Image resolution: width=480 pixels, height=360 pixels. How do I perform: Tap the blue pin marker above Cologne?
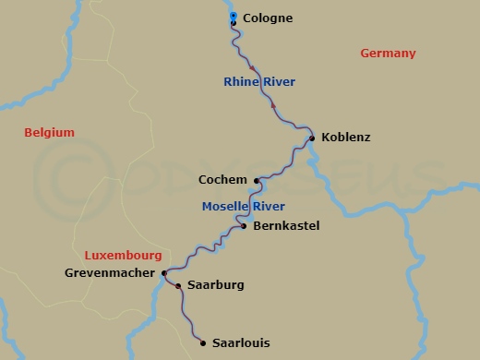[x=233, y=16]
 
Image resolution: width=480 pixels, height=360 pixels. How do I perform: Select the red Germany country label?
[x=388, y=54]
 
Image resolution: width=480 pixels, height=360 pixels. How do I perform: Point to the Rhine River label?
[x=259, y=82]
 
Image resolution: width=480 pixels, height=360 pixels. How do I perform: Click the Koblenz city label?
[x=346, y=138]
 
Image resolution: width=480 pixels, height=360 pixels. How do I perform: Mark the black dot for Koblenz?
[x=312, y=138]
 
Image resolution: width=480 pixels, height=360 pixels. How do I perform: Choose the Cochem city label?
[x=222, y=180]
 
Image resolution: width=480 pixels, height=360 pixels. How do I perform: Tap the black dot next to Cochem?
[x=257, y=180]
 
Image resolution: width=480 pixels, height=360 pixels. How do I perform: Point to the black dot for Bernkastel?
[x=243, y=225]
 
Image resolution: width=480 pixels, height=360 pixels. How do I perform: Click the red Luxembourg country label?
[x=123, y=255]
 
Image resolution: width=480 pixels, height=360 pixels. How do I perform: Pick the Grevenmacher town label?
[x=111, y=273]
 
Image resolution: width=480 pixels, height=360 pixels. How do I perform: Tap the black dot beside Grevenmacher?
[x=163, y=273]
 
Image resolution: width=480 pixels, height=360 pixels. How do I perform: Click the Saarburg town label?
[x=215, y=285]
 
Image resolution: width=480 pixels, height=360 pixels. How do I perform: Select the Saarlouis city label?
[x=242, y=342]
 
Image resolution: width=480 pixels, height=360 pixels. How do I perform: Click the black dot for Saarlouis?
[x=203, y=342]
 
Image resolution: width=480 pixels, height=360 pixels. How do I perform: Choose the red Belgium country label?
[x=49, y=133]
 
